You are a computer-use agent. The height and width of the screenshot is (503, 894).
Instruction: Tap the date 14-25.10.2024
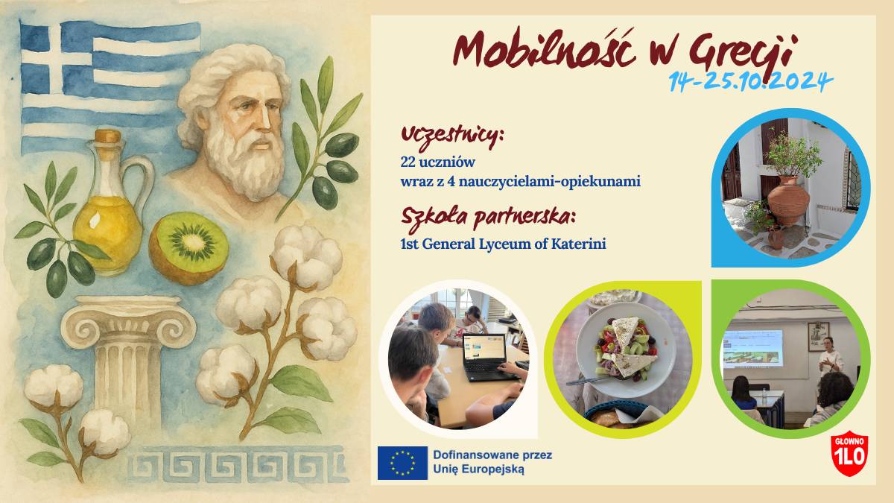coord(751,82)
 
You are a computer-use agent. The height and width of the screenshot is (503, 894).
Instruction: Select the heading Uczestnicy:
coord(452,136)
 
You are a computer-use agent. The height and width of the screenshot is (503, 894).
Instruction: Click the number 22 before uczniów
coord(408,162)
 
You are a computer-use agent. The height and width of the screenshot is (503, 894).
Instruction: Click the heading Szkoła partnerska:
coord(489,218)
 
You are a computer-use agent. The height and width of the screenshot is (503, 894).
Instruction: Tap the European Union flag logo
coord(402,463)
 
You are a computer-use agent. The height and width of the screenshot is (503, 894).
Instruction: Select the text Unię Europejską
coord(478,469)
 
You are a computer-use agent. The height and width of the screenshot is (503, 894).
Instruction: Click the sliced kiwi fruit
coord(188,248)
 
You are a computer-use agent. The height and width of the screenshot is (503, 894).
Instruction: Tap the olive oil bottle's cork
coord(108,136)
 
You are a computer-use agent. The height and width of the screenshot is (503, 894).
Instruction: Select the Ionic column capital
coord(128,321)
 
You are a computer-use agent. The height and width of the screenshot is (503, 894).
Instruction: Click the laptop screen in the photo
coord(484,348)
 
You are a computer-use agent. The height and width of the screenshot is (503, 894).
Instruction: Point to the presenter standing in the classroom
coord(830,357)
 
